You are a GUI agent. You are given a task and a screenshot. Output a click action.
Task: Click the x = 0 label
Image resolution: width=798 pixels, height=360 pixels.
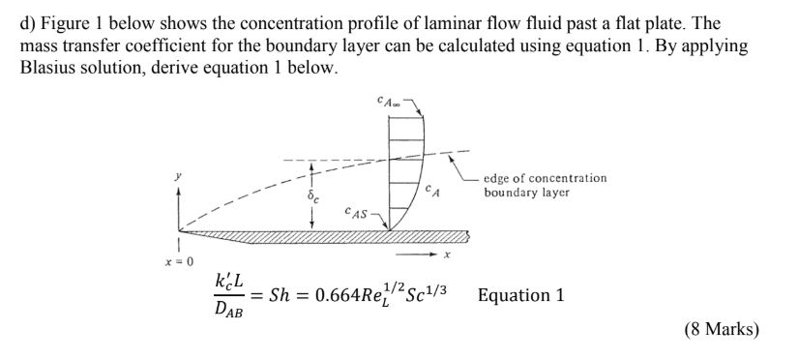click(181, 261)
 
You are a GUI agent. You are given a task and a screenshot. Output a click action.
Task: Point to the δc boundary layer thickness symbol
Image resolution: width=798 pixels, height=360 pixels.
click(311, 195)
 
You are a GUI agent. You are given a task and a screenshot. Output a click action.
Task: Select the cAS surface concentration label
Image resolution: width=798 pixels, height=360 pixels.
click(356, 210)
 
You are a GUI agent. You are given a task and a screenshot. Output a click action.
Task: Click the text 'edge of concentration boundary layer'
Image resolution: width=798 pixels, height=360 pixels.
click(547, 185)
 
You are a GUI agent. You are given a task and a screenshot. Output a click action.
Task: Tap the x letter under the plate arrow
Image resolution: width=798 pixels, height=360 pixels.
click(446, 256)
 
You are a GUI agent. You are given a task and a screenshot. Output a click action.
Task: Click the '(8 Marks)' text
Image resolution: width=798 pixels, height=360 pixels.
click(722, 330)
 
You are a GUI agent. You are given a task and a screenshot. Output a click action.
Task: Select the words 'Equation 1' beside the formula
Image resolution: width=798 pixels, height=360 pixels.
click(520, 295)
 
